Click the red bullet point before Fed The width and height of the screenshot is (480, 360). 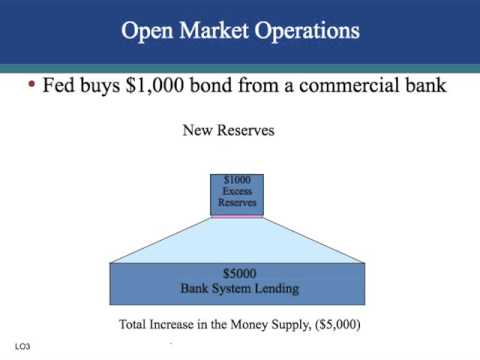point(31,86)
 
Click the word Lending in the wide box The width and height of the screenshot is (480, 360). point(276,289)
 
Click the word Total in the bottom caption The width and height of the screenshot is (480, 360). point(136,325)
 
